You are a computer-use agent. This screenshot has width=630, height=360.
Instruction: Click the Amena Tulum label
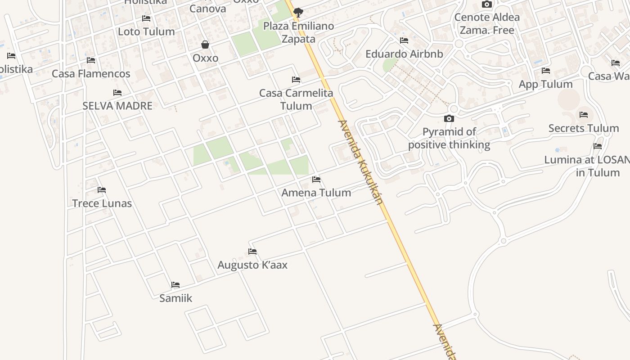[x=316, y=193]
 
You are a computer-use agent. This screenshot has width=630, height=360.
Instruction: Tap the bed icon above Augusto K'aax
[x=252, y=252]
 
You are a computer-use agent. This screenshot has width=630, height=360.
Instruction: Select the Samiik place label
[x=175, y=298]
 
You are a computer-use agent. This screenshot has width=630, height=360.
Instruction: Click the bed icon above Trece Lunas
[x=102, y=190]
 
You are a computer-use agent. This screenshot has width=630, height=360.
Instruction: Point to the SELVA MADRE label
[x=117, y=106]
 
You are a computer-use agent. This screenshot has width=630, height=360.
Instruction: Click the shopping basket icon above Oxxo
[x=205, y=45]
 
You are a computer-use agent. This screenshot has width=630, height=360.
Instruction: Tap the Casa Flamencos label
[x=91, y=74]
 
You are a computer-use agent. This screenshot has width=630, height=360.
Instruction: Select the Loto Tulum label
[x=146, y=31]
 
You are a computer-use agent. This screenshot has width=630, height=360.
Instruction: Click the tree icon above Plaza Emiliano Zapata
[x=298, y=12]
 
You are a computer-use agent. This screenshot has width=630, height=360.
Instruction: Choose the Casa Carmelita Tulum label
[x=296, y=99]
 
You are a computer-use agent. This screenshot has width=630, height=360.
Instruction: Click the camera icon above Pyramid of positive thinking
[x=449, y=119]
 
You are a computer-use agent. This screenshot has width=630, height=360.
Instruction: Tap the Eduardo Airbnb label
[x=404, y=54]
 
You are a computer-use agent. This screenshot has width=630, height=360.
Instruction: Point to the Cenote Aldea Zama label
[x=487, y=24]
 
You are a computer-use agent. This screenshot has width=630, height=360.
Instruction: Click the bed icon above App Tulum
[x=546, y=71]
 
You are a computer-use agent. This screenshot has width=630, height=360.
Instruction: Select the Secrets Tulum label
[x=584, y=128]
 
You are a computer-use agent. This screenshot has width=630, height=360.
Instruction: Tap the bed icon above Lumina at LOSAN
[x=598, y=146]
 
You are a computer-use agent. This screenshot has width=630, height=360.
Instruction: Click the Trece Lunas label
[x=102, y=203]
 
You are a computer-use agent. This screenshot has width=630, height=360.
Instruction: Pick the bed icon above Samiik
[x=175, y=285]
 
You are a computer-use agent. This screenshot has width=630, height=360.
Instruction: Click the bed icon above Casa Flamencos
[x=91, y=60]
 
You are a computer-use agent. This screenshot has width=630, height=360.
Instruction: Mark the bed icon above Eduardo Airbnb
[x=404, y=40]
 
